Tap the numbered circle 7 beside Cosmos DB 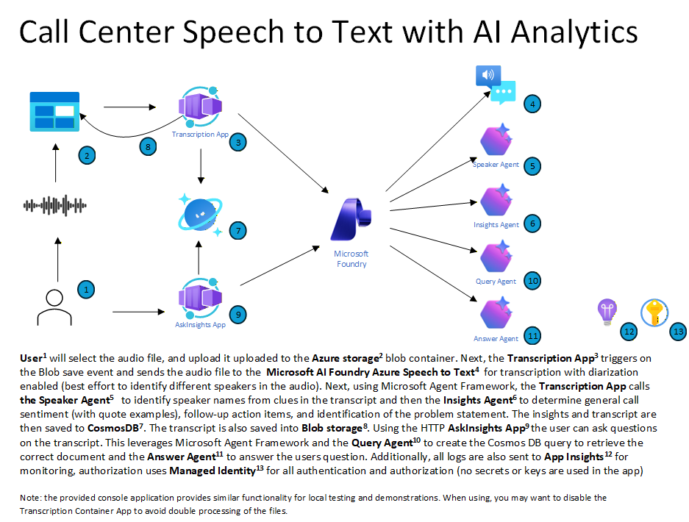[x=237, y=230]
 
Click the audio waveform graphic [x=54, y=206]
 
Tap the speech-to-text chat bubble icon [x=496, y=85]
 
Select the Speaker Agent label [x=496, y=165]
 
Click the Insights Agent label [x=496, y=225]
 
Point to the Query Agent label [x=496, y=282]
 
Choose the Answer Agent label [x=496, y=339]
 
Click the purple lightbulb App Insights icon [x=607, y=312]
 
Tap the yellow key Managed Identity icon [x=654, y=312]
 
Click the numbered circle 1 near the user [x=86, y=290]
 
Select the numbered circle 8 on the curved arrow [x=148, y=147]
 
